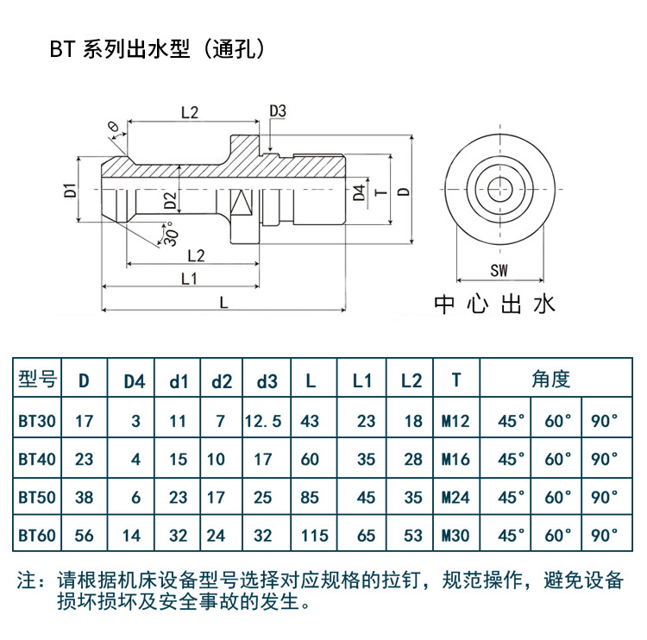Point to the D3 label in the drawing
point(277,110)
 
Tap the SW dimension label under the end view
point(498,270)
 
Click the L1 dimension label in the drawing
point(190,279)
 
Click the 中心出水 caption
point(494,304)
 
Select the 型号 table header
point(36,380)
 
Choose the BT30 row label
point(36,421)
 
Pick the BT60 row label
point(36,535)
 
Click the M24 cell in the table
point(455,497)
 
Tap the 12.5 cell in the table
point(262,421)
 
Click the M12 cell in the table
point(455,421)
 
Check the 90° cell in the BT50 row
point(605,497)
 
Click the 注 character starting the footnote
point(28,580)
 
